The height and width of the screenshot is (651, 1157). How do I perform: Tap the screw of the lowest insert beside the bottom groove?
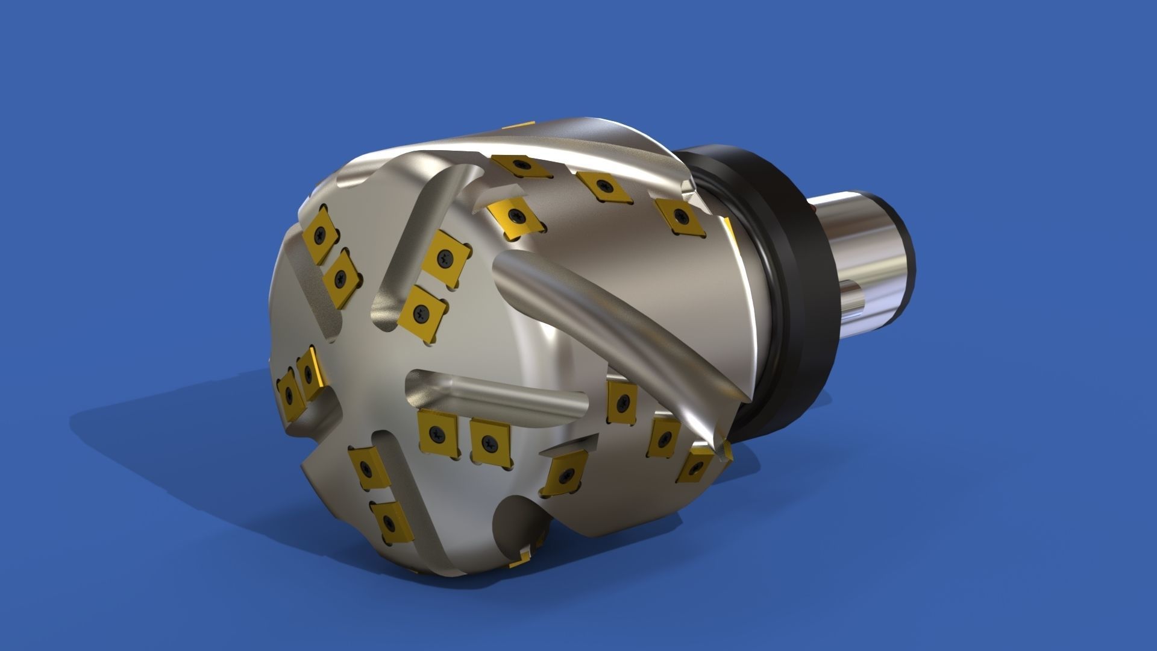(389, 521)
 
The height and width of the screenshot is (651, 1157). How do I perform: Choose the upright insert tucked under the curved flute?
(622, 401)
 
